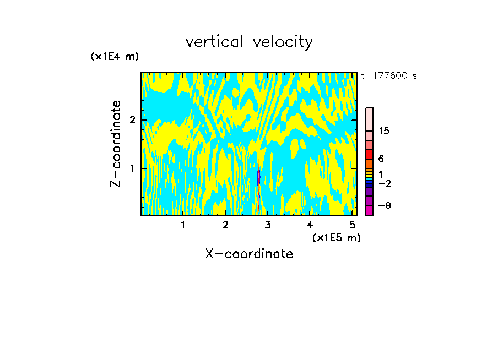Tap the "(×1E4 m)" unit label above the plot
[x=115, y=57]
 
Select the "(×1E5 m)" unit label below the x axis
[x=336, y=237]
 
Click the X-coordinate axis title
[x=249, y=254]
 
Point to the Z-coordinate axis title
[x=116, y=144]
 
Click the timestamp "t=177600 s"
[x=388, y=76]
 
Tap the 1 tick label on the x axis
[x=183, y=225]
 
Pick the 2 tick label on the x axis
[x=225, y=225]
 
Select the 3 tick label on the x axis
[x=268, y=225]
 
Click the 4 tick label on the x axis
[x=310, y=225]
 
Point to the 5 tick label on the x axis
[x=353, y=225]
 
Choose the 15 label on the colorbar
[x=384, y=131]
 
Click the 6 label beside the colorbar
[x=381, y=159]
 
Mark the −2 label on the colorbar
[x=385, y=184]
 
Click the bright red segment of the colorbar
[x=370, y=154]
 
